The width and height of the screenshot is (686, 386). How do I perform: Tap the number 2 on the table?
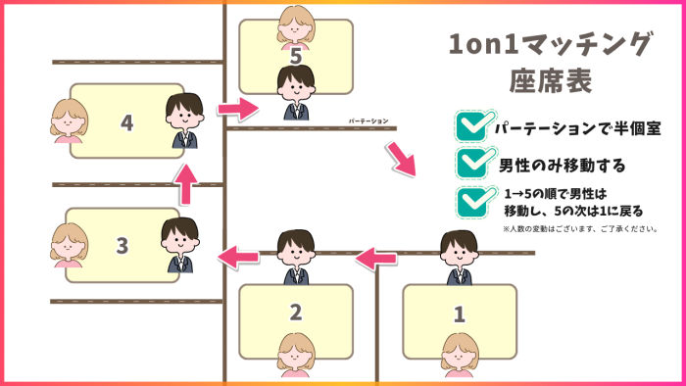[x=296, y=313]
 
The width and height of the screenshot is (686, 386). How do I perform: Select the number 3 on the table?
[x=122, y=245]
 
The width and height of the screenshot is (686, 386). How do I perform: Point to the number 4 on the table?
[x=125, y=122]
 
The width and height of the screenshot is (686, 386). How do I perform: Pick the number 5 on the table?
[x=295, y=57]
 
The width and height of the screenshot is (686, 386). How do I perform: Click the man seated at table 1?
[x=457, y=257]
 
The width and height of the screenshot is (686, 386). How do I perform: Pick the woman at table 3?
[x=69, y=245]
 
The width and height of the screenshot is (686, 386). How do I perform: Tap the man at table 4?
[x=183, y=121]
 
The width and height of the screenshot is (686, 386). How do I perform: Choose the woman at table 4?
[x=68, y=121]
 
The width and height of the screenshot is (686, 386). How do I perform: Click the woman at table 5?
[x=296, y=25]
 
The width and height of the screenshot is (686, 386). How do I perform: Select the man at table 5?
[x=296, y=92]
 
